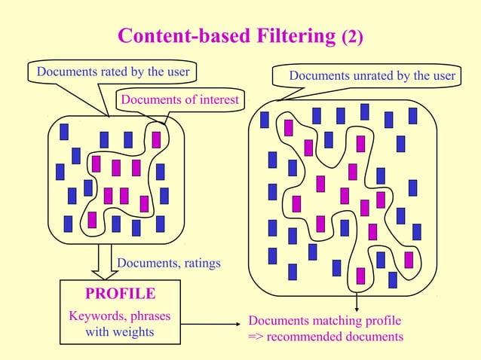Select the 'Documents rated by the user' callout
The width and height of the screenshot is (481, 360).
coord(109,72)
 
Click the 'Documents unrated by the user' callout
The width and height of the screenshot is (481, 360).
coord(372,75)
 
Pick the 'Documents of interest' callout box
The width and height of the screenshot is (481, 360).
coord(179,99)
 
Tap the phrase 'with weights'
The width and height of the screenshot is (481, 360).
coord(120,331)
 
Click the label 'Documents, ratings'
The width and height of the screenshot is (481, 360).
coord(169,263)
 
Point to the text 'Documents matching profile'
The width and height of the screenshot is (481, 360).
coord(324,320)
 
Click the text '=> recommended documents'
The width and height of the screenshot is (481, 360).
coord(326,336)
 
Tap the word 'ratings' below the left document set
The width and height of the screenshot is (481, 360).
coord(200,263)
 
